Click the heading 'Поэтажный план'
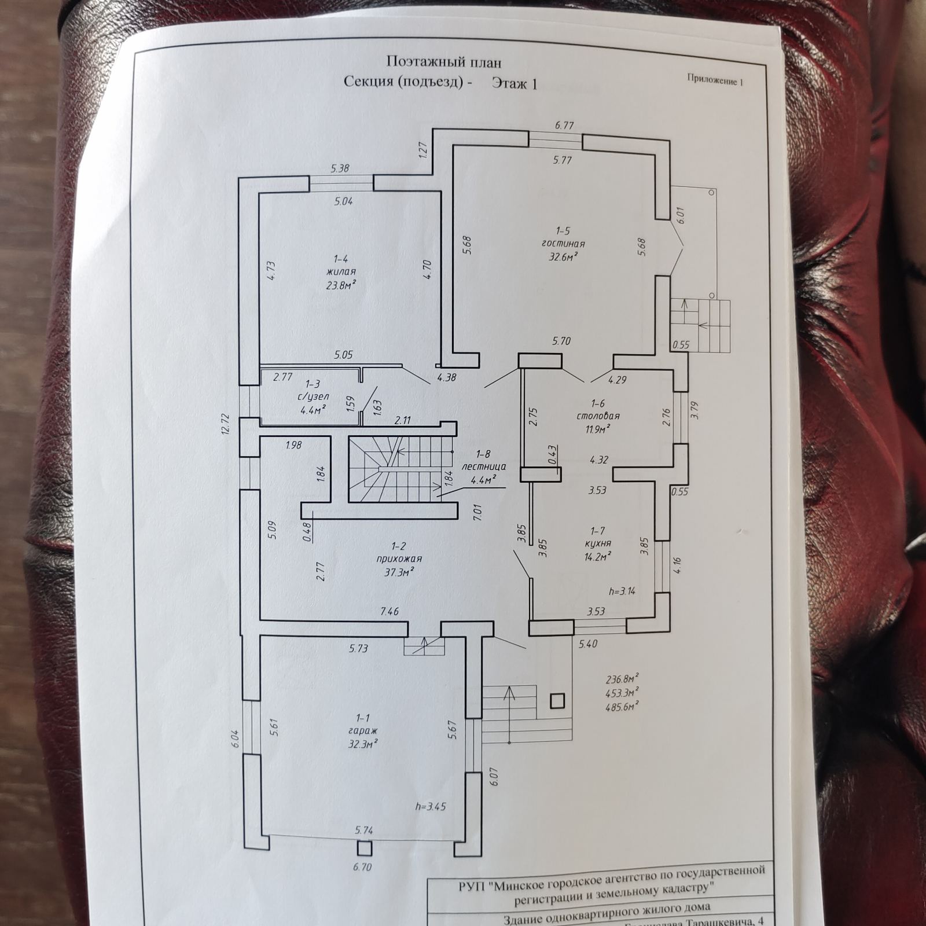click(444, 62)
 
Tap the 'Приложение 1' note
click(715, 80)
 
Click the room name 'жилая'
click(341, 271)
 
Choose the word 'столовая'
click(598, 416)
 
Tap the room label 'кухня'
click(598, 543)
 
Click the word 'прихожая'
click(399, 558)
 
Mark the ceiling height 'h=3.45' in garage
click(431, 806)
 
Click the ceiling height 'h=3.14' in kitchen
click(623, 591)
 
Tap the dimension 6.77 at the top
click(564, 125)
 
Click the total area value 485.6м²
click(622, 706)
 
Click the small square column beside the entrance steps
click(557, 701)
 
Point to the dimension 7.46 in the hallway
click(389, 611)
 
